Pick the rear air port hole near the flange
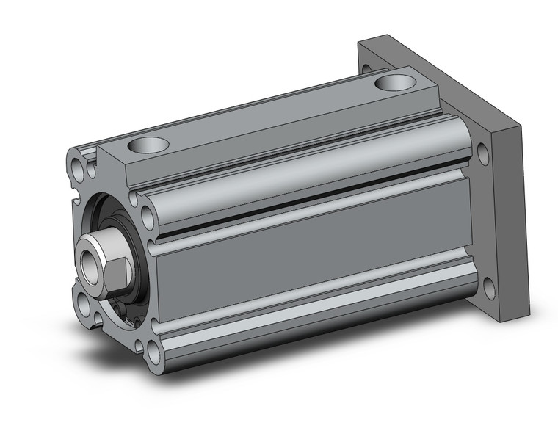(395, 82)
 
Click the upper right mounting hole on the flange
(483, 155)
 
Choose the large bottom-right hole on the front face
(153, 354)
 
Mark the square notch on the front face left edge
(73, 195)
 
